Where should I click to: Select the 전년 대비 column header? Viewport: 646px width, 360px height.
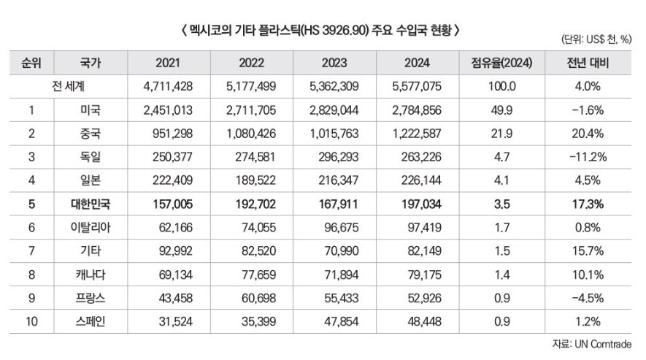pos(588,64)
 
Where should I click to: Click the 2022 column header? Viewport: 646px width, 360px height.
pos(251,64)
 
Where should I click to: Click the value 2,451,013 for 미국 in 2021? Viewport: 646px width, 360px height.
pos(169,110)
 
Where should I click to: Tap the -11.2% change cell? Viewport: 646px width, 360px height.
pos(588,157)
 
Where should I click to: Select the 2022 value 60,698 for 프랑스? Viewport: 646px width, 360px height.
pos(251,297)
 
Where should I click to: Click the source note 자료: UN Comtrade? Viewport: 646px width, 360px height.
pos(591,344)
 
